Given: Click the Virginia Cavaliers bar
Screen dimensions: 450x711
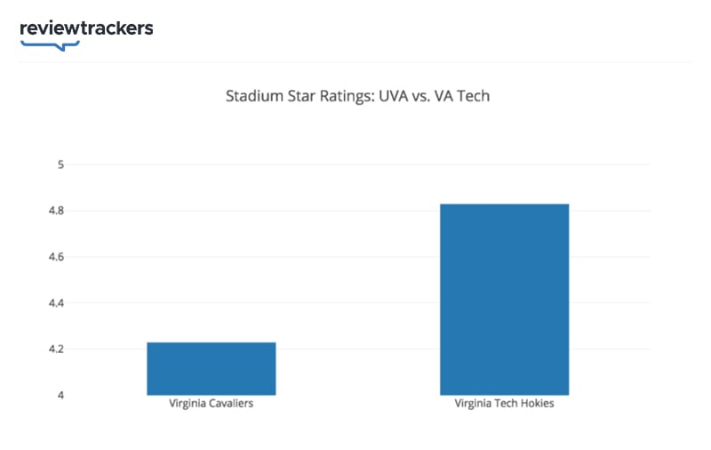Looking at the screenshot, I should (212, 368).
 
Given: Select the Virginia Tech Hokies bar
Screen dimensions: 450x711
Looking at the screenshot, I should (504, 299).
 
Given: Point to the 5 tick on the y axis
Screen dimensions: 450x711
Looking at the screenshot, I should (61, 165).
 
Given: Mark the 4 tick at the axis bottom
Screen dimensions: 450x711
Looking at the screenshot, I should (61, 395).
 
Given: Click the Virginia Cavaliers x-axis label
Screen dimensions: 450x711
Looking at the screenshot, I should (212, 404).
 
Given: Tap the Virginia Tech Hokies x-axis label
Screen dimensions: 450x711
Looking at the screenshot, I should (504, 404).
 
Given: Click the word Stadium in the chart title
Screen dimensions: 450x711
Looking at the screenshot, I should (254, 95).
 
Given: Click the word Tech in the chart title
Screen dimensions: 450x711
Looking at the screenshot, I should (475, 95).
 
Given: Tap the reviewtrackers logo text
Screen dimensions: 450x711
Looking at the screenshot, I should (86, 28).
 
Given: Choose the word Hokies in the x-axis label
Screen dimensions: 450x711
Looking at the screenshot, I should (535, 404).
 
